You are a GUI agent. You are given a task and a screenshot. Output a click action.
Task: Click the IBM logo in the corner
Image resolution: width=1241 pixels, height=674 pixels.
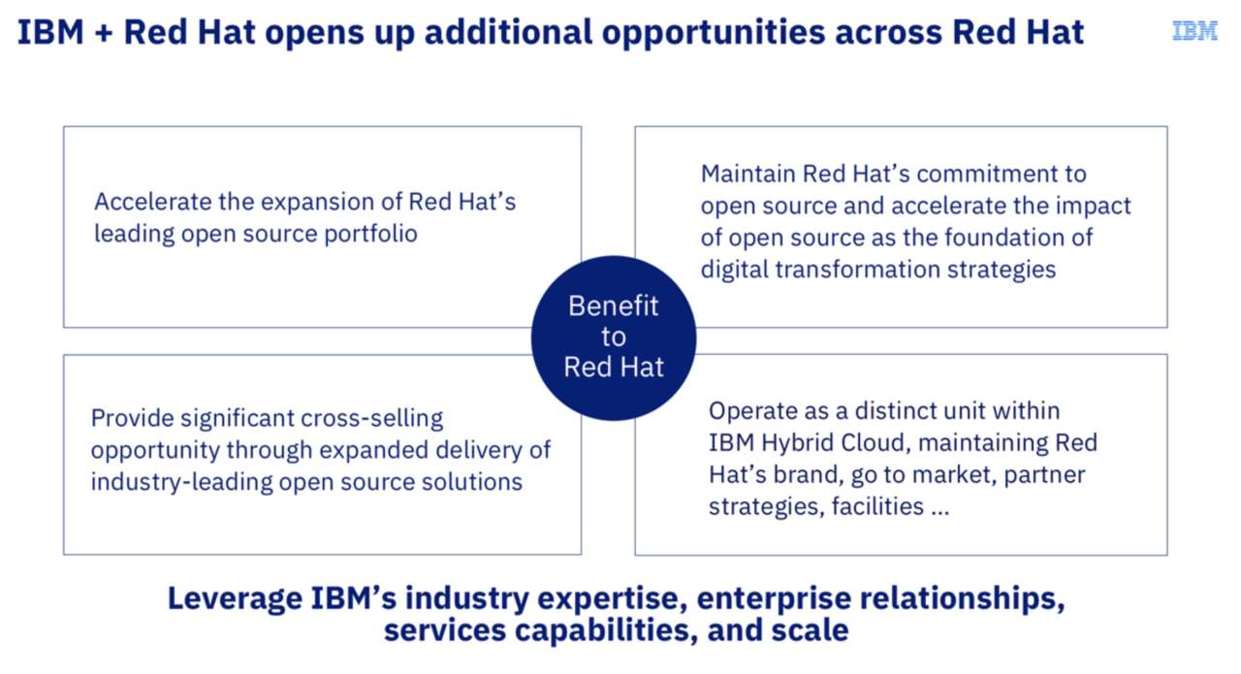click(1194, 31)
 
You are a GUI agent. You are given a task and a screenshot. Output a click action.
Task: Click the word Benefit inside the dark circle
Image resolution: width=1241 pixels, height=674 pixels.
click(613, 306)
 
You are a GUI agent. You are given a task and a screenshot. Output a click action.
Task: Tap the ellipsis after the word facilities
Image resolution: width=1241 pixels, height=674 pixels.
click(939, 507)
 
